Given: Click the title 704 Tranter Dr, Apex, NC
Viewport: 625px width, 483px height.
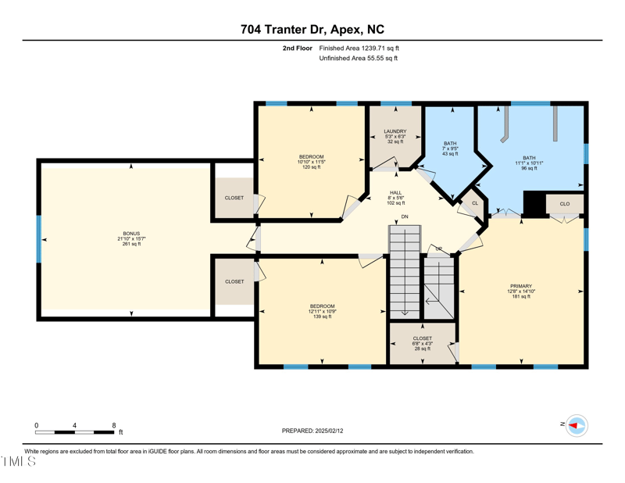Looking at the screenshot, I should click(x=312, y=30).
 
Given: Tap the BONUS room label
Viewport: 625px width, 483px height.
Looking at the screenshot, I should click(x=131, y=238).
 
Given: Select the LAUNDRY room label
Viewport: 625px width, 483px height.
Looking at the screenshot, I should click(x=395, y=136).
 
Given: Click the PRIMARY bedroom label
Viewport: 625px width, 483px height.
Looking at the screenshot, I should click(x=521, y=291).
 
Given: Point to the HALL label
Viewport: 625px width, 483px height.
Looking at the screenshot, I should click(x=395, y=198).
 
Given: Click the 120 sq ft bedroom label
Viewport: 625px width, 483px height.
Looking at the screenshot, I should click(x=311, y=162).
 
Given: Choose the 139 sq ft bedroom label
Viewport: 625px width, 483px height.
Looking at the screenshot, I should click(x=322, y=311).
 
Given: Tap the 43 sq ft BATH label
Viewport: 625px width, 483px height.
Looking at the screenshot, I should click(x=450, y=148).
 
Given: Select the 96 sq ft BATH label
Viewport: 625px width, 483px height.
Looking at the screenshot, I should click(x=530, y=163).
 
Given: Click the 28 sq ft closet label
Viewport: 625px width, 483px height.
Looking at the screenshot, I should click(x=422, y=343).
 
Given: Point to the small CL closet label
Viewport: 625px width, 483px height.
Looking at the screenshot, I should click(x=474, y=203).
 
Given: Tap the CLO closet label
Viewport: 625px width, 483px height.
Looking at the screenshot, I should click(x=565, y=203).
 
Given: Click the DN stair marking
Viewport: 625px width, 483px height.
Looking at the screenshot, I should click(x=405, y=216).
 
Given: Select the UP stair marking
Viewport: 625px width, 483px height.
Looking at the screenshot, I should click(x=438, y=249).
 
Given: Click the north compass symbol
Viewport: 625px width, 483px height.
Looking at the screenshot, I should click(x=576, y=425).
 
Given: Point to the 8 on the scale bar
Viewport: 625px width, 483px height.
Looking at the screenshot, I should click(x=114, y=425).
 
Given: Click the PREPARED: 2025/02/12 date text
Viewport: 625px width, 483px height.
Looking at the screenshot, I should click(x=312, y=431).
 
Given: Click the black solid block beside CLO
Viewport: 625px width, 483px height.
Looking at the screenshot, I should click(x=534, y=204).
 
